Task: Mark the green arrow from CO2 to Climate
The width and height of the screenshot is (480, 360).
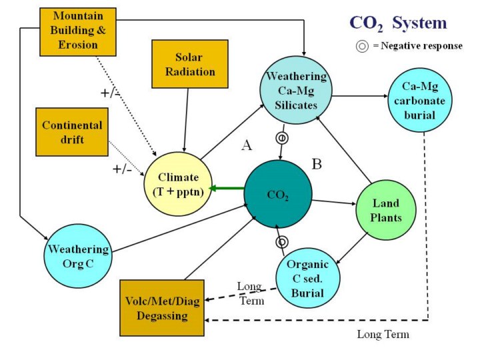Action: (x=227, y=189)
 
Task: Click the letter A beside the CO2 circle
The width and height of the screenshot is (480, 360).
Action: (x=245, y=146)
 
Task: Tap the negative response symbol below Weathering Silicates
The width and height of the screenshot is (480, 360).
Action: (x=282, y=138)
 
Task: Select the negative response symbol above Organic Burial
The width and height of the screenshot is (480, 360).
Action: (x=282, y=241)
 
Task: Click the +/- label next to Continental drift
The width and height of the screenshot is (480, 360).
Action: (x=122, y=169)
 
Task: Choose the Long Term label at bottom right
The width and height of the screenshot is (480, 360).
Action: (x=383, y=334)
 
